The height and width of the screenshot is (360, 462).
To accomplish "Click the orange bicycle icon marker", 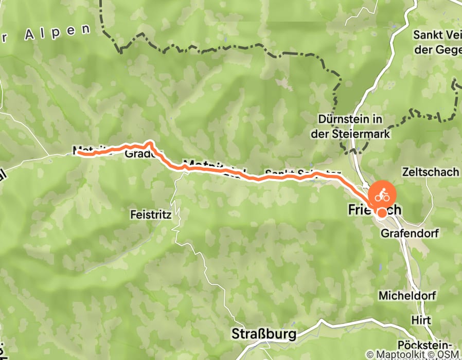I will [x=382, y=195].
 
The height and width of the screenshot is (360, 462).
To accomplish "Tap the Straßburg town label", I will [x=264, y=334].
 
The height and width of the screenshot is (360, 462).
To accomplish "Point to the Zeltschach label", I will [x=431, y=172].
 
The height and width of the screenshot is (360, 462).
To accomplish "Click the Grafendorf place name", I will [x=410, y=233].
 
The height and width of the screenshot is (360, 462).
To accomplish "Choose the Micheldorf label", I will [x=407, y=296].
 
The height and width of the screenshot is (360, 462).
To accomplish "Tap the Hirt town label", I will [x=421, y=320].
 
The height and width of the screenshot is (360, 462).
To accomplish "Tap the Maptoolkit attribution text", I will [x=394, y=355].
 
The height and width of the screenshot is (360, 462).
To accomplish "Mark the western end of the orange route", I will [x=79, y=152].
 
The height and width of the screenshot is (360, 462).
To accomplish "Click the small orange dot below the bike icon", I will [x=382, y=213].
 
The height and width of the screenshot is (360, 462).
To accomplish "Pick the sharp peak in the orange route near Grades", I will [x=150, y=141].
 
